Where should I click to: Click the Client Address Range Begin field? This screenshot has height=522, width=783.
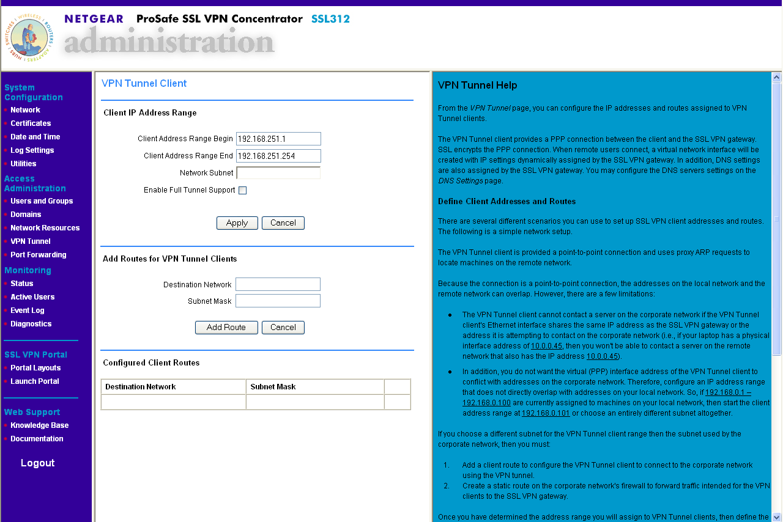pyautogui.click(x=278, y=139)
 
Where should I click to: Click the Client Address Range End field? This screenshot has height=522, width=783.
pyautogui.click(x=278, y=156)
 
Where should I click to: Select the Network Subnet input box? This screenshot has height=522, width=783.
pyautogui.click(x=278, y=173)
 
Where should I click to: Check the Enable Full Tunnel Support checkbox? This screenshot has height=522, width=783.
pyautogui.click(x=242, y=190)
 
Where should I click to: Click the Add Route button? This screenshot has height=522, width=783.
pyautogui.click(x=226, y=328)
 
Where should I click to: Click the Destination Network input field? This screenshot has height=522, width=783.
pyautogui.click(x=278, y=284)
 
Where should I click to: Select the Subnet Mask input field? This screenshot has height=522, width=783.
pyautogui.click(x=278, y=301)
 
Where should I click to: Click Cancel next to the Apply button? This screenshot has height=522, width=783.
pyautogui.click(x=283, y=223)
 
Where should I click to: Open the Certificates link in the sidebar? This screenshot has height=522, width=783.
pyautogui.click(x=31, y=123)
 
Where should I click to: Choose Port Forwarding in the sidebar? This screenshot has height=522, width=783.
pyautogui.click(x=38, y=255)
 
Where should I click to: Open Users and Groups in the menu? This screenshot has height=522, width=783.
pyautogui.click(x=42, y=201)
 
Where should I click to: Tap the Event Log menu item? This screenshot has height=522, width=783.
pyautogui.click(x=28, y=311)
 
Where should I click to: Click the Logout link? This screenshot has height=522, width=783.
pyautogui.click(x=38, y=463)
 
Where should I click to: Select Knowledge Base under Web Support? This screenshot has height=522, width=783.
pyautogui.click(x=39, y=425)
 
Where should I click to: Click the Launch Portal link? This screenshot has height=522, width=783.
pyautogui.click(x=35, y=381)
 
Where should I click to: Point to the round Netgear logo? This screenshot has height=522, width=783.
pyautogui.click(x=29, y=37)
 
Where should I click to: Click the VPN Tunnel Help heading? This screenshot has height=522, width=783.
pyautogui.click(x=477, y=86)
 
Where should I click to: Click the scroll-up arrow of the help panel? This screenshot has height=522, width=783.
pyautogui.click(x=777, y=78)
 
